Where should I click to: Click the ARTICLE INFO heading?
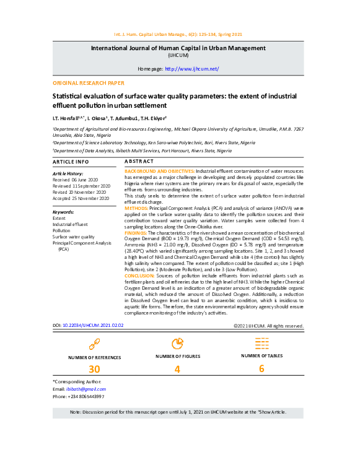pos(71,162)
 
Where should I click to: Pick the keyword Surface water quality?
pos(73,237)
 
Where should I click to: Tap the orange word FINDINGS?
pos(136,232)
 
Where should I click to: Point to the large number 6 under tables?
pos(261,369)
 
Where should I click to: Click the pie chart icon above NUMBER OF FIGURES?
pos(177,343)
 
